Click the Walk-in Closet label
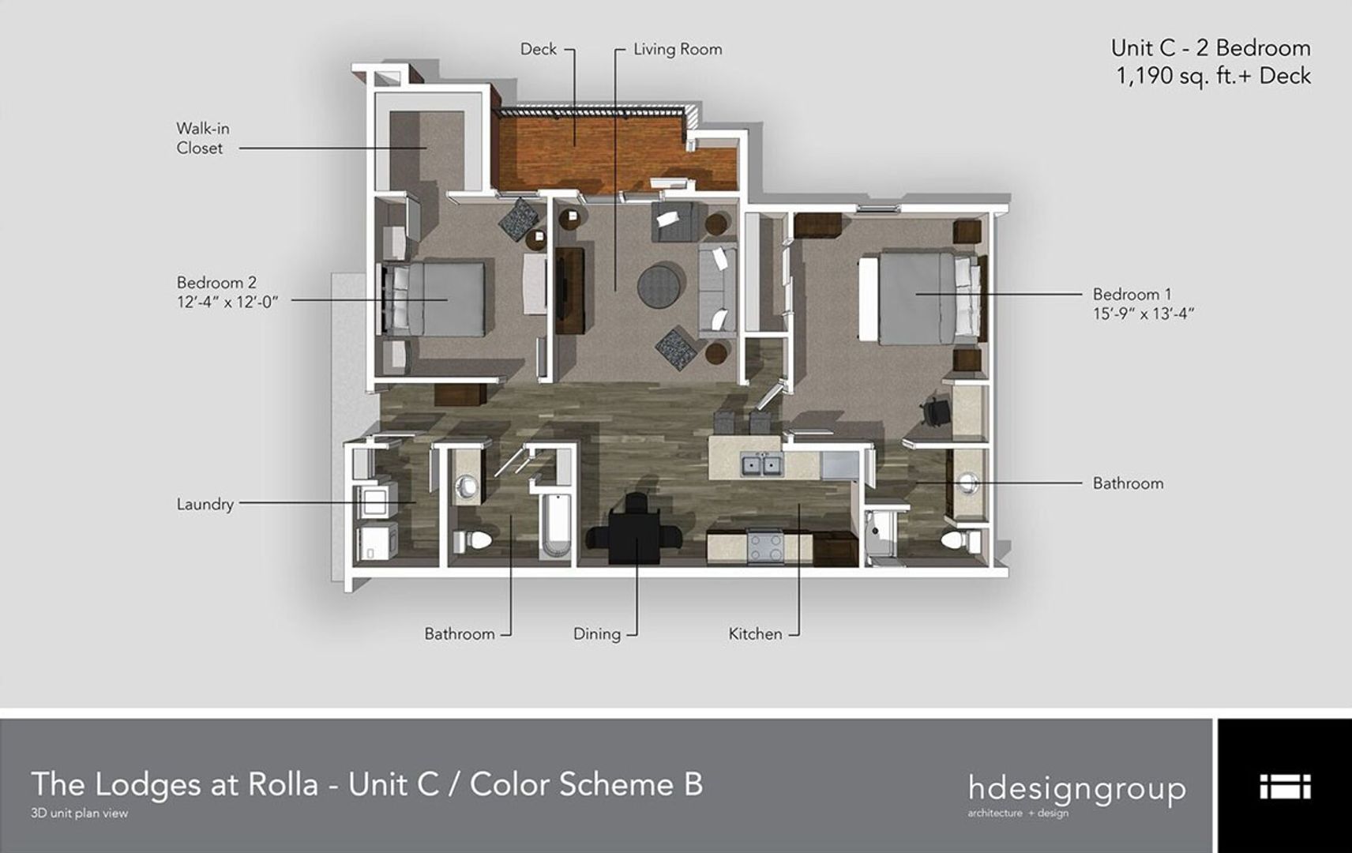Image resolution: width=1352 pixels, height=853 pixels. pos(202,138)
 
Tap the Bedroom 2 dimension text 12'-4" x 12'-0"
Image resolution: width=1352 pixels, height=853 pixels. pos(227,302)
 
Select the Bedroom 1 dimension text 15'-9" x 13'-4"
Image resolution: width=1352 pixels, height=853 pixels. pos(1143,314)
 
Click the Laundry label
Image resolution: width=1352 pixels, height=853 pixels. pos(205,504)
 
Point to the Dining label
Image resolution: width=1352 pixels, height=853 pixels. pos(596,633)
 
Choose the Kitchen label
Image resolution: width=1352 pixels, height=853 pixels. pos(755,633)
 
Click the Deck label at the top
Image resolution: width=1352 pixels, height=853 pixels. pos(538,49)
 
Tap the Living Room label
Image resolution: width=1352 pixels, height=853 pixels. pos(677,49)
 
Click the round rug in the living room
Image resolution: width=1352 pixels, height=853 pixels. pos(660,284)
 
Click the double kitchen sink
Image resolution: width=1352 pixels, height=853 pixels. pos(761,465)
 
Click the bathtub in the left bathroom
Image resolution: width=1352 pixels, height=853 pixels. pos(558,524)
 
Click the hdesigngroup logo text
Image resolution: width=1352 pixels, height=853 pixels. pos(1076,788)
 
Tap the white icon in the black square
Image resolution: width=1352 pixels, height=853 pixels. pos(1284,787)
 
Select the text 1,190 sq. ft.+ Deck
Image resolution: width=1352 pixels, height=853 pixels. pos(1213,77)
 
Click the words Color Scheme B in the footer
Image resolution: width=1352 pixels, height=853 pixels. pos(586,784)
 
